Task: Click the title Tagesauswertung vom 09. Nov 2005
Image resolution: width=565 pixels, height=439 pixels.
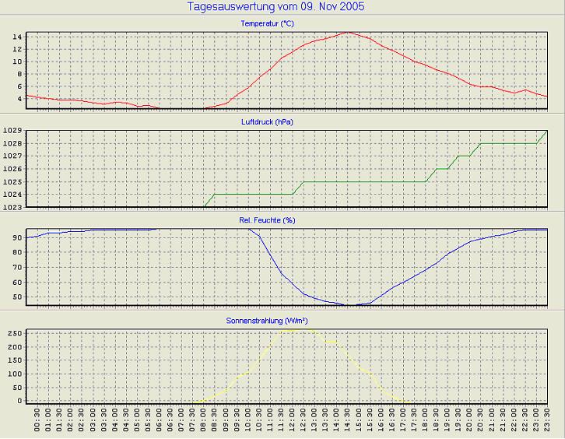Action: pyautogui.click(x=276, y=7)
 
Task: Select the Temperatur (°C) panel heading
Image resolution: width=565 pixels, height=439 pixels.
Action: pyautogui.click(x=268, y=24)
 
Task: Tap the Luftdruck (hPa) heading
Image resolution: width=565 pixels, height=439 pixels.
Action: pyautogui.click(x=268, y=122)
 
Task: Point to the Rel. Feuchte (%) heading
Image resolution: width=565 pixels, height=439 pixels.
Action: pyautogui.click(x=268, y=220)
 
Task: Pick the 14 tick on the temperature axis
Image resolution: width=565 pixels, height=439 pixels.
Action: pyautogui.click(x=16, y=37)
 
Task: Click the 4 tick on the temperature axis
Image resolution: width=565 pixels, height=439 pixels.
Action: pyautogui.click(x=19, y=99)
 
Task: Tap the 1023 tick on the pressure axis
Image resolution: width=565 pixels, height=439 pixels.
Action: pyautogui.click(x=12, y=206)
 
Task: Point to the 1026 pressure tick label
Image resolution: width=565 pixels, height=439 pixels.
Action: pyautogui.click(x=12, y=169)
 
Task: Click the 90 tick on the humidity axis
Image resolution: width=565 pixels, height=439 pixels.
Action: pyautogui.click(x=16, y=237)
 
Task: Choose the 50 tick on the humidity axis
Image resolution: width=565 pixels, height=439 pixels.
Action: pyautogui.click(x=16, y=297)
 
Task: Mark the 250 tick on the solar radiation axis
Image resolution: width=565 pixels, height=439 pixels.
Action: pyautogui.click(x=14, y=333)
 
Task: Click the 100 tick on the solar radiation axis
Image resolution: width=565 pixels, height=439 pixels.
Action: pyautogui.click(x=14, y=374)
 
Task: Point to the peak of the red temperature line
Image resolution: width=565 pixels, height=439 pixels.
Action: pyautogui.click(x=347, y=33)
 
